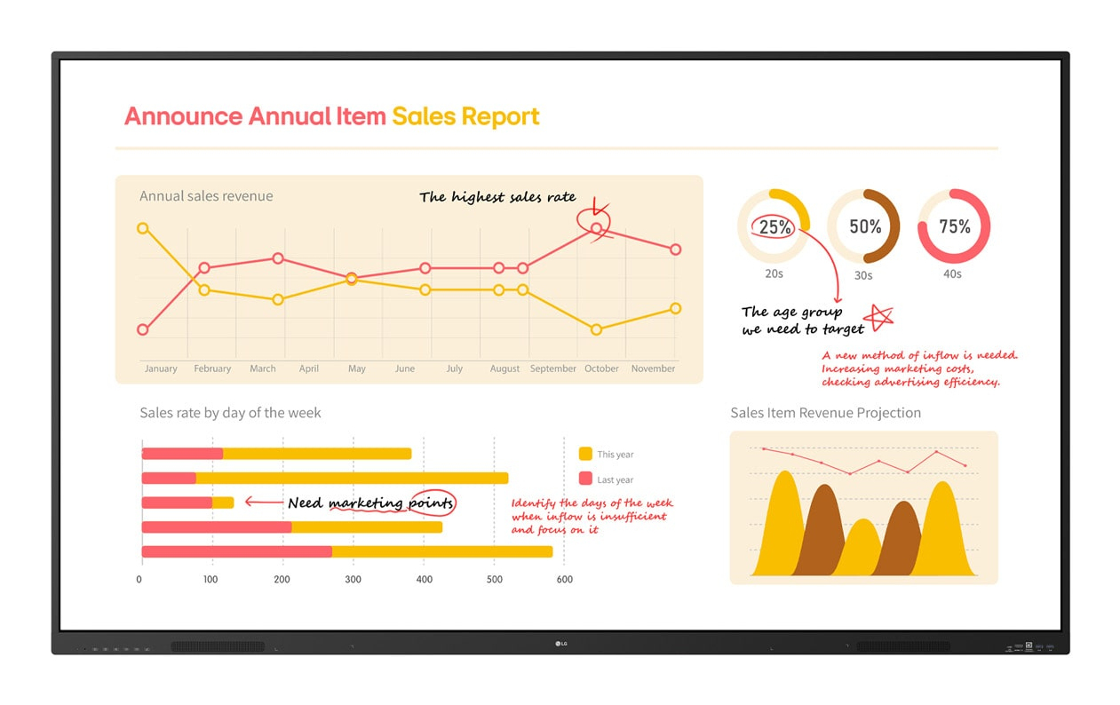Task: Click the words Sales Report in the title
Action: click(x=465, y=116)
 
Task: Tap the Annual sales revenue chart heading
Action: click(x=206, y=196)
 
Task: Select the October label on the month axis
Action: click(x=601, y=368)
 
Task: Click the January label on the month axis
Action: click(x=161, y=368)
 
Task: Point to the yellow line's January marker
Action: click(x=143, y=228)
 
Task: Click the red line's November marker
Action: click(x=676, y=250)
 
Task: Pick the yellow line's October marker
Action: click(x=596, y=329)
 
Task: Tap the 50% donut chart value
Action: click(x=864, y=226)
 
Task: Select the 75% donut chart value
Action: click(x=954, y=226)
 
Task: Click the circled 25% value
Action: click(x=774, y=227)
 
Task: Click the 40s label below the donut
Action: click(x=952, y=274)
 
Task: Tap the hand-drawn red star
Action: click(x=880, y=316)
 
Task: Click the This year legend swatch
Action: click(x=585, y=454)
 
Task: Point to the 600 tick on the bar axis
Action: click(x=564, y=580)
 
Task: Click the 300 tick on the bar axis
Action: click(x=353, y=580)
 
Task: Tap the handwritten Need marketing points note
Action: click(x=370, y=503)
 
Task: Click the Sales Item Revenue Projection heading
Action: click(x=825, y=413)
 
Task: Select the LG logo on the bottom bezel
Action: click(x=560, y=644)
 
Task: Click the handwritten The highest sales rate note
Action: click(x=497, y=197)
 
